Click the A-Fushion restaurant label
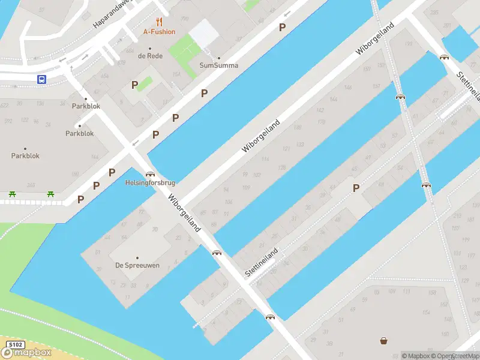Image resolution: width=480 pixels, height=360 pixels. [x=159, y=32]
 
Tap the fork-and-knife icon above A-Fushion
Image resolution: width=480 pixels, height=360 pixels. [x=159, y=22]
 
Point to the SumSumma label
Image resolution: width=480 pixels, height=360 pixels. [x=218, y=65]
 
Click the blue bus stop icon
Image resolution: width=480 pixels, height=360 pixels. [x=42, y=79]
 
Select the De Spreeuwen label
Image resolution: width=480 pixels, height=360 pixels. [x=137, y=265]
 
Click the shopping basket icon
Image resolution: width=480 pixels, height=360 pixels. [x=383, y=341]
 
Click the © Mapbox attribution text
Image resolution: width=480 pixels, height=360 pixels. [x=417, y=356]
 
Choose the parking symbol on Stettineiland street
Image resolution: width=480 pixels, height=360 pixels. [x=356, y=188]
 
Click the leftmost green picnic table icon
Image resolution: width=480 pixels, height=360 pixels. [x=12, y=194]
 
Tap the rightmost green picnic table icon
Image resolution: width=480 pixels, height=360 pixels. [x=51, y=194]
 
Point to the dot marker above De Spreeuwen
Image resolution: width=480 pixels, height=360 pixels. [x=137, y=257]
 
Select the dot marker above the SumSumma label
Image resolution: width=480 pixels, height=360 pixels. [x=218, y=58]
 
